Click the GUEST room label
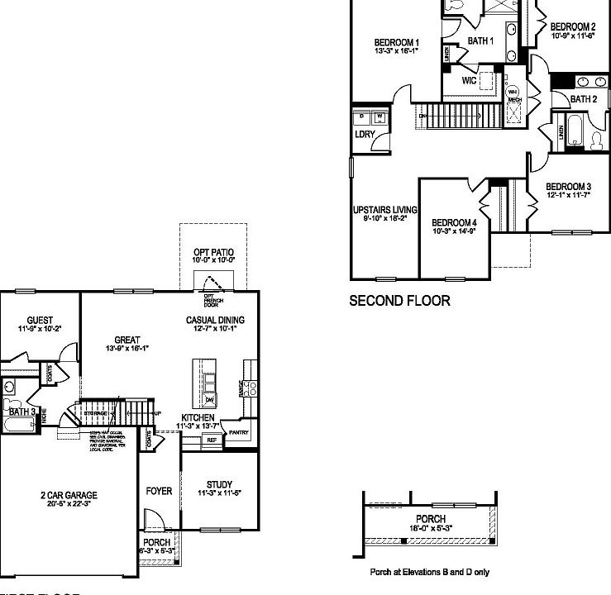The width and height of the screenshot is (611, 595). [40, 320]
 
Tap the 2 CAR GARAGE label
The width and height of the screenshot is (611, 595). [69, 496]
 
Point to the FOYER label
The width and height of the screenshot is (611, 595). [159, 491]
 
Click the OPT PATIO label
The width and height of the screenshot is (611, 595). [214, 251]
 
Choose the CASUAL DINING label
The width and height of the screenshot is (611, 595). [216, 320]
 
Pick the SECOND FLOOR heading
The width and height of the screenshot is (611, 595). [399, 301]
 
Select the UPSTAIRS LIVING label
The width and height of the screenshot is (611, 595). [384, 210]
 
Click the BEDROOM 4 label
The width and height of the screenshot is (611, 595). [454, 222]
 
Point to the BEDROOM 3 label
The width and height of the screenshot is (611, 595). [569, 186]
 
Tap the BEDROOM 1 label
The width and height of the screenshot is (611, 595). [397, 43]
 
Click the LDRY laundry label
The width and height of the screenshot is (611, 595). [365, 133]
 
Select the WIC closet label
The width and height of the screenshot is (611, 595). [469, 81]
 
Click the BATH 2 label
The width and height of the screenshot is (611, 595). [583, 99]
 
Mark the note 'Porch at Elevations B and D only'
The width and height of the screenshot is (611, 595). [429, 572]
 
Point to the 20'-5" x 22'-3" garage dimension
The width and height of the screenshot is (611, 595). [69, 505]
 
